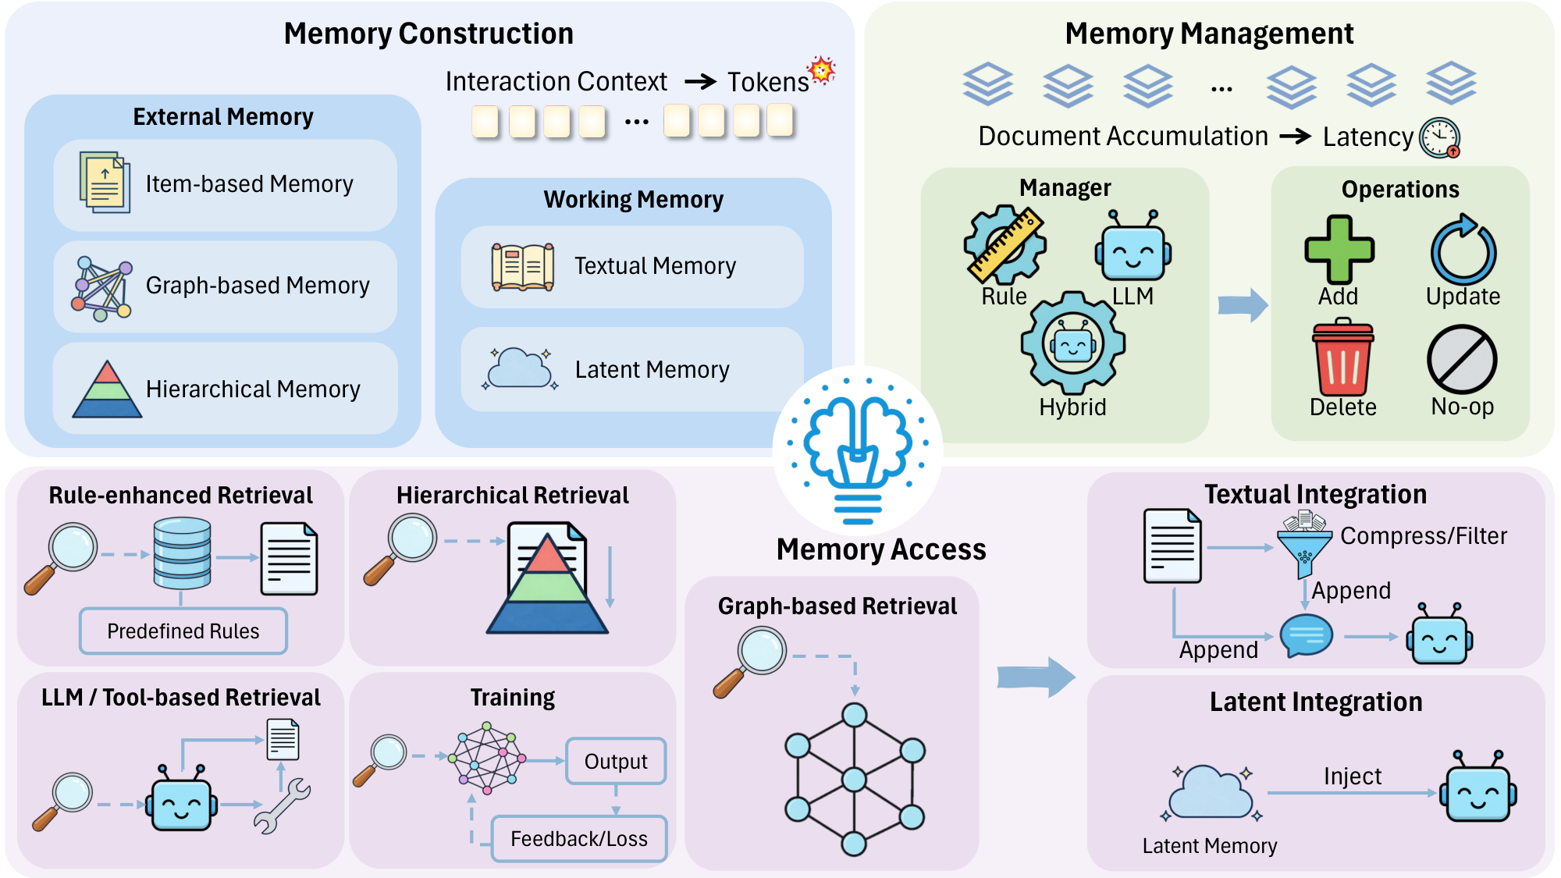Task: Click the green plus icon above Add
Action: tap(1339, 249)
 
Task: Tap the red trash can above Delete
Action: tap(1342, 358)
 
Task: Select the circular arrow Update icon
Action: tap(1463, 251)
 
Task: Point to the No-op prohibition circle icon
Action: tap(1462, 360)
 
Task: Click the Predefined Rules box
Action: tap(183, 631)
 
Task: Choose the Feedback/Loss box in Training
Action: tap(578, 838)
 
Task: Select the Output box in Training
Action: tap(615, 761)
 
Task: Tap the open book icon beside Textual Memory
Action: tap(522, 267)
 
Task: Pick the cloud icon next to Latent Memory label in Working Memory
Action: tap(521, 368)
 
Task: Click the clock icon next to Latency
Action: tap(1439, 137)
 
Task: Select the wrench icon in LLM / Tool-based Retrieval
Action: tap(282, 807)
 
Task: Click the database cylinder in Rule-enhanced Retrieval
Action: tap(182, 553)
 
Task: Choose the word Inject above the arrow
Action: tap(1352, 776)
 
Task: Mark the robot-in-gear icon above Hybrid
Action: tap(1072, 343)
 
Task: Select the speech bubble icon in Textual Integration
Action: tap(1306, 635)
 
